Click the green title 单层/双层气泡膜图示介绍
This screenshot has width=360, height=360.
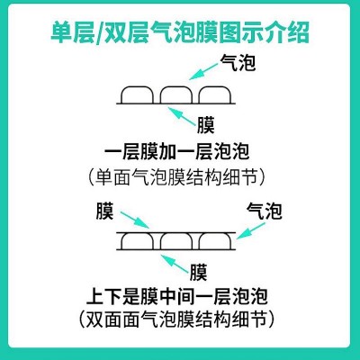point(180,32)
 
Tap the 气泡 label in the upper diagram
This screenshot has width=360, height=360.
point(238,63)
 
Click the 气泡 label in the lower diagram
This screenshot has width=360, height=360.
point(265,211)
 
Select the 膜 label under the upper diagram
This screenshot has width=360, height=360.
point(206,125)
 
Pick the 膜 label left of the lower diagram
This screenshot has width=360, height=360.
point(104,211)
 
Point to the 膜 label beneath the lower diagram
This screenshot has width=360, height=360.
point(198,272)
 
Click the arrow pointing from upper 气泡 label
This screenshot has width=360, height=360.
point(203,71)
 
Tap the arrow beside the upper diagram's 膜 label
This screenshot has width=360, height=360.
point(181,116)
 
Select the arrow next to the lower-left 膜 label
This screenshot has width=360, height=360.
point(135,220)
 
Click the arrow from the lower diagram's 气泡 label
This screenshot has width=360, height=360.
point(251,230)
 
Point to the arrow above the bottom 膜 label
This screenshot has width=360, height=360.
point(174,264)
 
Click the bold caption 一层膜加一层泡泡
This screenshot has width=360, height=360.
point(177,152)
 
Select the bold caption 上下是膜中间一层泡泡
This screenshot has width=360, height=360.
point(177,296)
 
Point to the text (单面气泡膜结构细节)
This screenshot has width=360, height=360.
point(177,177)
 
